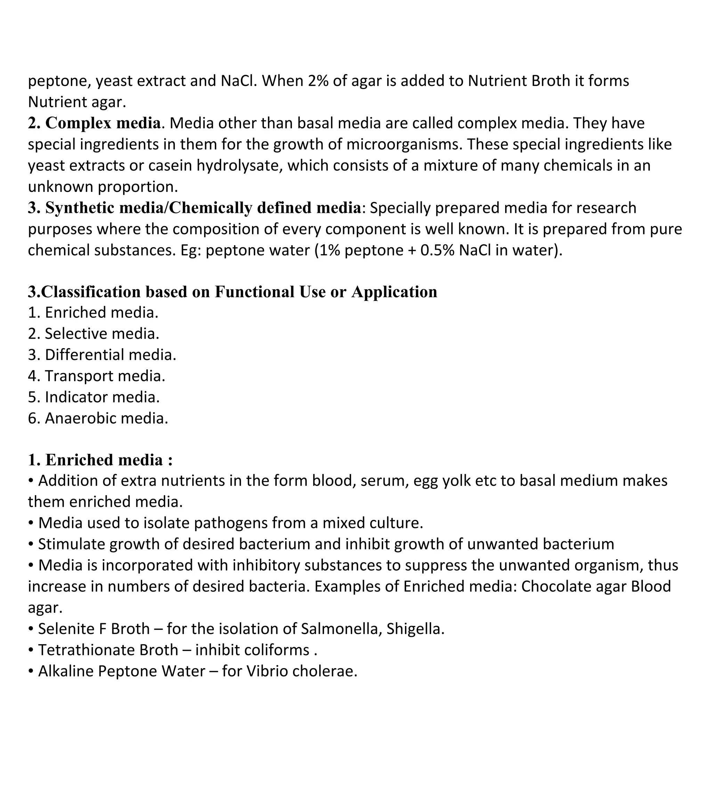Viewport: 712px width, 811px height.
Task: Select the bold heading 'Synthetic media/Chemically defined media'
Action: (x=203, y=208)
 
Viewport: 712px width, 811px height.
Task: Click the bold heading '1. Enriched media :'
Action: (x=100, y=459)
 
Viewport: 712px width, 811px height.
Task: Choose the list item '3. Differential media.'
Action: (x=102, y=355)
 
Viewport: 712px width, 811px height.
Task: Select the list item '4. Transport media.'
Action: (x=96, y=376)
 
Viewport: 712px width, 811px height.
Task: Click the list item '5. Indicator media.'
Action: (x=94, y=397)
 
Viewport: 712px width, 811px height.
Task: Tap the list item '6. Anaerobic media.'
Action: (x=98, y=418)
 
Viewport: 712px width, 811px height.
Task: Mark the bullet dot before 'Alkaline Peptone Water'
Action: (x=31, y=671)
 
